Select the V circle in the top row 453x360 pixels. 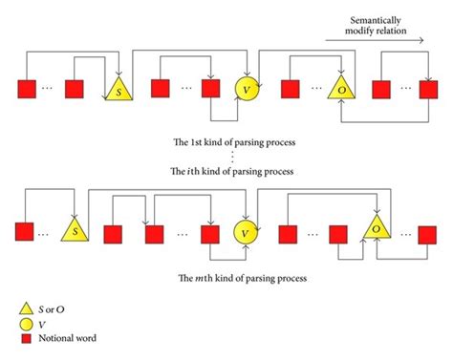click(x=247, y=89)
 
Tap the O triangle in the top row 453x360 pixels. click(x=341, y=91)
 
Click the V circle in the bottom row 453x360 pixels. click(x=247, y=231)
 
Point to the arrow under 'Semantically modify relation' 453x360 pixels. click(x=373, y=39)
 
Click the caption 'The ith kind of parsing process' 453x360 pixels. click(x=229, y=171)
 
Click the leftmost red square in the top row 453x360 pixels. click(x=26, y=90)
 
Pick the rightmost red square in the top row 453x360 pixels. click(x=428, y=90)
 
